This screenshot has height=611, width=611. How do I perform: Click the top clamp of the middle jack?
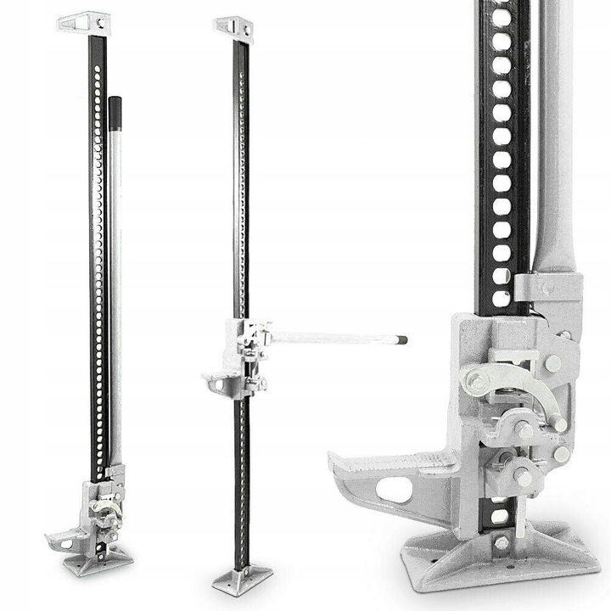[233, 28]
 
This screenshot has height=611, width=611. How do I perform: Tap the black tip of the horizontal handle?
[401, 340]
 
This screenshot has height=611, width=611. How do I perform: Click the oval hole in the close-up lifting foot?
[393, 490]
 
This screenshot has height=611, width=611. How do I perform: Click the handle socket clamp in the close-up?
[547, 289]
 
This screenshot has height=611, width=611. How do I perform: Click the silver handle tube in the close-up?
[556, 127]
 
